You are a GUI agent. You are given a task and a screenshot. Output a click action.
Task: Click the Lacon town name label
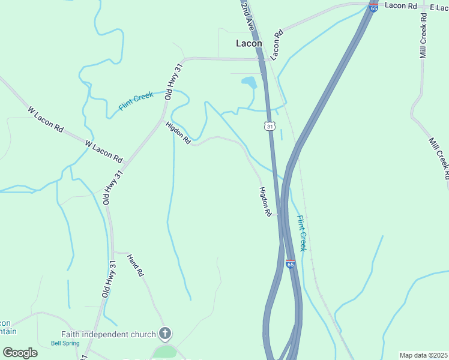click(249, 43)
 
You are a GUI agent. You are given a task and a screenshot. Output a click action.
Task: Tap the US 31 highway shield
click(270, 126)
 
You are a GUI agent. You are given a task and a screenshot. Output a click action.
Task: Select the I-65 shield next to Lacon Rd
click(373, 7)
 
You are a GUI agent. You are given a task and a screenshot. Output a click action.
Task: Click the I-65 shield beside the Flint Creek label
click(291, 264)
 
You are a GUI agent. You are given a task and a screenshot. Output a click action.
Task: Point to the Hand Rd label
click(136, 266)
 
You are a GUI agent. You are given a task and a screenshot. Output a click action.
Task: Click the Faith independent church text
click(109, 334)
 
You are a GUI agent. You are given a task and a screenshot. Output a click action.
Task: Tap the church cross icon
click(165, 334)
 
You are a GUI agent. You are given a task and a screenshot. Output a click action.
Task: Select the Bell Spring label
click(64, 343)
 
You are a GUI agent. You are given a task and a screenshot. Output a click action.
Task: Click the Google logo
click(20, 353)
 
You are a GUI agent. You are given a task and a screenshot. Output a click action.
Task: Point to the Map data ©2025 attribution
click(423, 355)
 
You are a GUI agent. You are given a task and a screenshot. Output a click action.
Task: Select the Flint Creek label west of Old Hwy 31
click(136, 100)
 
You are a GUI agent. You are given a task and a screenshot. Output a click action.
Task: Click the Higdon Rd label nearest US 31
click(265, 202)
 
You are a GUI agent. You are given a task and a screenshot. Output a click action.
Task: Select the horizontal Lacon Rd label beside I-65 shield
click(401, 5)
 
